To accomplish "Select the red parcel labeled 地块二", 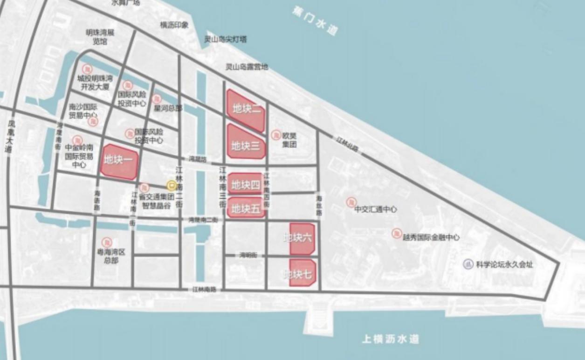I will point(246,111).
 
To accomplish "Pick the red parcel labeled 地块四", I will point(246,184).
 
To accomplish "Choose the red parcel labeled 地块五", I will point(246,208).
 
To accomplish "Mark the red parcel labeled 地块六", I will point(302,238).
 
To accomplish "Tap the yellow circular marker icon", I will point(172,186).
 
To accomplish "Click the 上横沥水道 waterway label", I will point(391,339).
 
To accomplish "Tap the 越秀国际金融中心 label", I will point(431,237).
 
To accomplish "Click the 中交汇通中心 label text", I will point(375,210).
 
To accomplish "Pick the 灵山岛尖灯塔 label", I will point(225,40).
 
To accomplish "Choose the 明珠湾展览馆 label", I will point(99,37).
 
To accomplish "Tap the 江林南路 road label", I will point(205,290).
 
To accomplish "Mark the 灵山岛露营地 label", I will point(247,67).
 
